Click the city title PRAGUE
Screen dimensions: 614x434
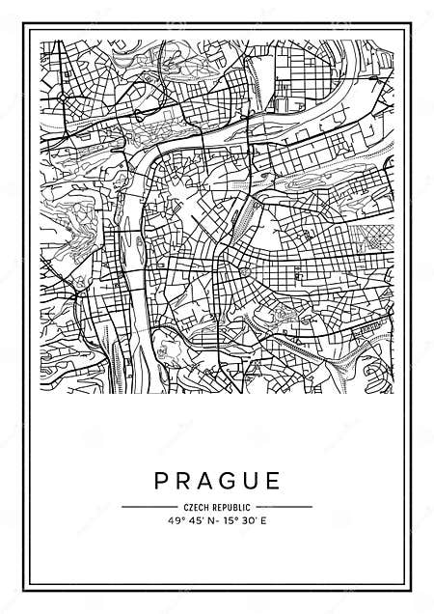point(217,480)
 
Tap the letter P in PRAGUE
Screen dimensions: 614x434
point(159,480)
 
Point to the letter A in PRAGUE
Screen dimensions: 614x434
point(204,480)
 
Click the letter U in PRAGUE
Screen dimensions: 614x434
point(252,480)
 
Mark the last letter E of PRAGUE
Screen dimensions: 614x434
point(274,480)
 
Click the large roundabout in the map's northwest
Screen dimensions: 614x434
point(65,98)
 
